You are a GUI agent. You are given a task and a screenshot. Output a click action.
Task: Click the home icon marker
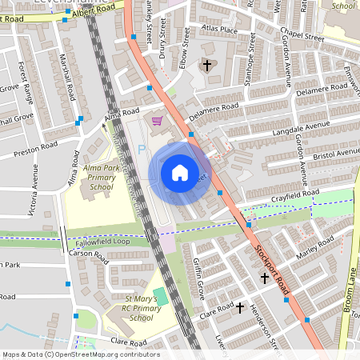tap(180, 172)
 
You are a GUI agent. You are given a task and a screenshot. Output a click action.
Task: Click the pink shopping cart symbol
tap(157, 121)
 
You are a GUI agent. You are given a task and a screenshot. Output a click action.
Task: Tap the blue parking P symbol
tap(142, 150)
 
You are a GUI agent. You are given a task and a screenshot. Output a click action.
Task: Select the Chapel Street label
tap(302, 36)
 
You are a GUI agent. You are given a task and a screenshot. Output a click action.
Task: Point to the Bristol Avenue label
tap(336, 153)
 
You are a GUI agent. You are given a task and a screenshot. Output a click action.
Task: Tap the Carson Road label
tap(88, 256)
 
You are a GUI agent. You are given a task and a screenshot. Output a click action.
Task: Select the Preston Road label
tap(36, 147)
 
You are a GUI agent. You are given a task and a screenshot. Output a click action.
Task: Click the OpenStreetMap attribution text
tap(81, 354)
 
